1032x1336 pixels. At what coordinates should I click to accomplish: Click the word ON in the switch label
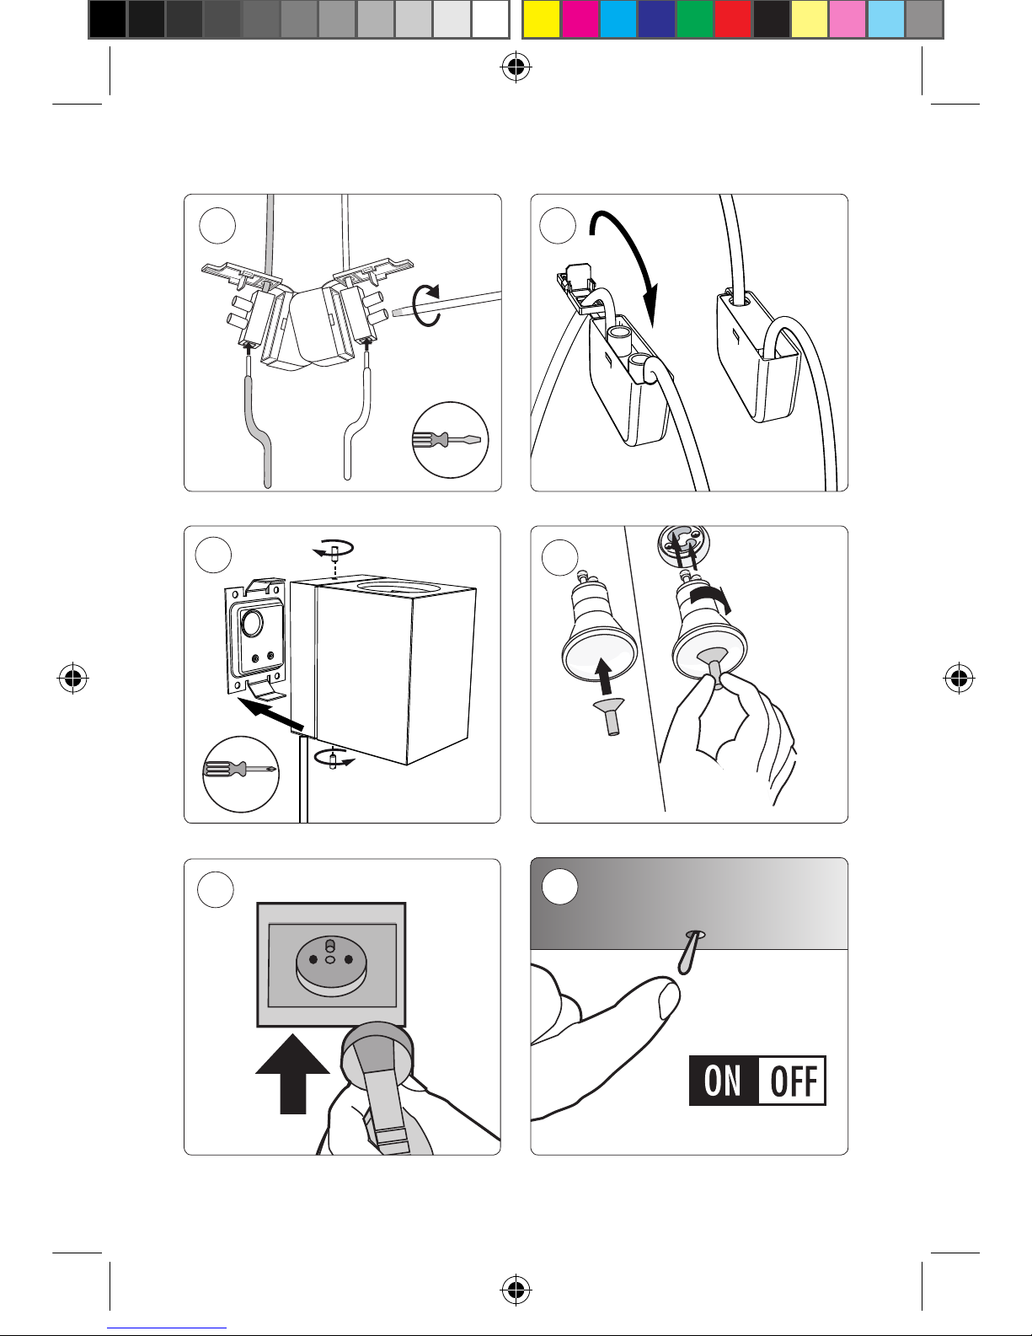click(x=723, y=1081)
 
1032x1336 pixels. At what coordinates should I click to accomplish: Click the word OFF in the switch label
click(x=793, y=1081)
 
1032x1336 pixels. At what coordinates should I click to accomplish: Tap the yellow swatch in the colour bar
click(x=542, y=19)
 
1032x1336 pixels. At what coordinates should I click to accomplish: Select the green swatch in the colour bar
click(x=695, y=19)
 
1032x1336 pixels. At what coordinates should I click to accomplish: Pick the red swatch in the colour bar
click(x=733, y=19)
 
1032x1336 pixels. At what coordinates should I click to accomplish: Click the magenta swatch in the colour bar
click(x=580, y=19)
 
